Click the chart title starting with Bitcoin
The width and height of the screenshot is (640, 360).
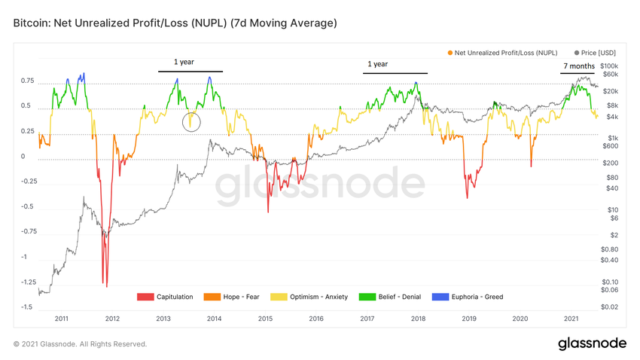[x=175, y=23]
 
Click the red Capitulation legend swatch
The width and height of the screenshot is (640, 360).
[x=145, y=297]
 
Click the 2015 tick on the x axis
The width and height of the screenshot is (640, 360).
[x=265, y=319]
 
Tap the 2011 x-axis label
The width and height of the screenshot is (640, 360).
[x=62, y=319]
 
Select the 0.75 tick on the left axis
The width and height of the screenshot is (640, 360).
[x=29, y=81]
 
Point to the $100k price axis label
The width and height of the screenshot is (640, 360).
[x=610, y=67]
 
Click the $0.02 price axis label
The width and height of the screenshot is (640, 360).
[x=610, y=307]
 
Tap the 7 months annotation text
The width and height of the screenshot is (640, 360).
[x=579, y=66]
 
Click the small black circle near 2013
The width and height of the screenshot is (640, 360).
[x=191, y=122]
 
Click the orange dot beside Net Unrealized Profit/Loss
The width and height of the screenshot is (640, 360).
[x=450, y=53]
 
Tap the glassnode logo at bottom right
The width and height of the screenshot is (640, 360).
[x=592, y=343]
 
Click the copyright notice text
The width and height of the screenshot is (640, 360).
[x=80, y=344]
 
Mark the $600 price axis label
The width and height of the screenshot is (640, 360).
[x=610, y=146]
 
